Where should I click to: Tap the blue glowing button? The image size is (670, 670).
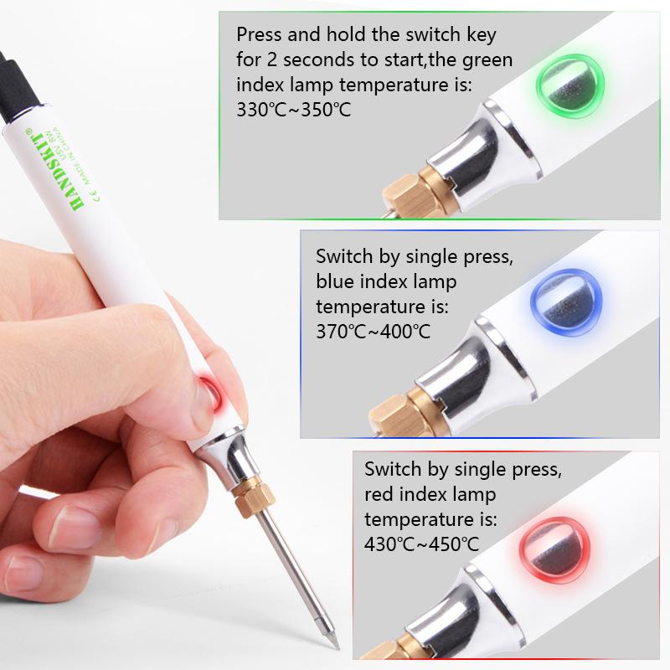pos(560,298)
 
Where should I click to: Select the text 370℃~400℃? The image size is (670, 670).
pos(374,331)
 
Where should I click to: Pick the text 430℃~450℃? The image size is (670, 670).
pos(422,543)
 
